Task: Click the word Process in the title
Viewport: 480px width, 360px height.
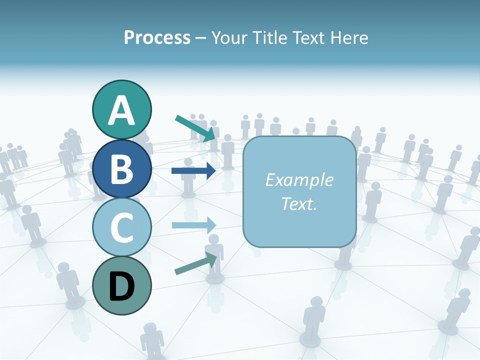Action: [x=157, y=38]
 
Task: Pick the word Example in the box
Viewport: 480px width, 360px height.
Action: [x=299, y=180]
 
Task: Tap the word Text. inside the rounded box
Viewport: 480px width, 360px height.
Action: [x=299, y=203]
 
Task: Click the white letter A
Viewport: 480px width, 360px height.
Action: [x=121, y=110]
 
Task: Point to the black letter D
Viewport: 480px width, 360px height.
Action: [x=121, y=286]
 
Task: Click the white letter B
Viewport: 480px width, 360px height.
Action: [x=121, y=169]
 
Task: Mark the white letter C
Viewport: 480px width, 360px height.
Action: [x=121, y=227]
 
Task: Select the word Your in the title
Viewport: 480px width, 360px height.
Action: [x=229, y=38]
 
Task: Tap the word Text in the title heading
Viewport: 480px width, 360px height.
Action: [x=308, y=38]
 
